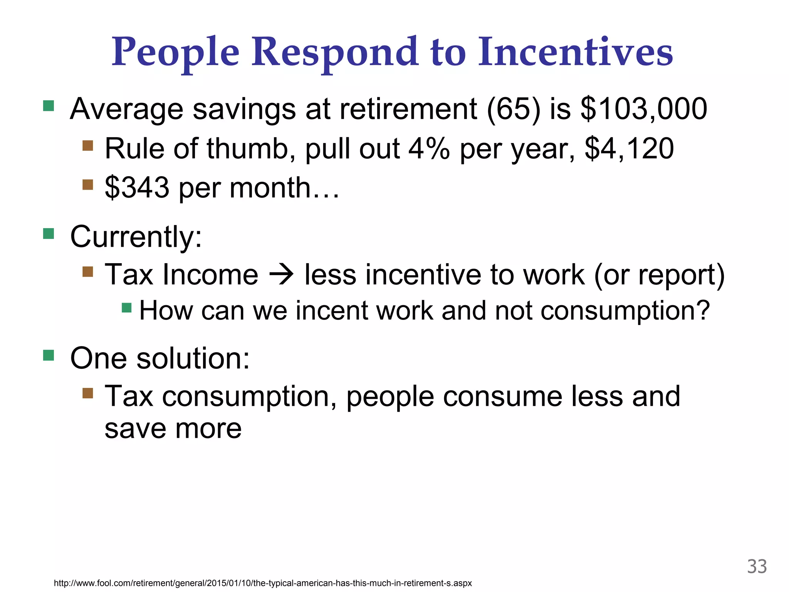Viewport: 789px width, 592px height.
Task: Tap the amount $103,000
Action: pos(643,109)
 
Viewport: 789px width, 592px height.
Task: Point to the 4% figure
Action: pos(429,149)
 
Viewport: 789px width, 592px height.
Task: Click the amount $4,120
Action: pos(629,149)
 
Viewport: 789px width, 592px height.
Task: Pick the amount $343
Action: pos(137,188)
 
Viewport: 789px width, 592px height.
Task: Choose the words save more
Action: pos(173,429)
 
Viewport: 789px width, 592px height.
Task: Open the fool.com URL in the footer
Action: pos(263,583)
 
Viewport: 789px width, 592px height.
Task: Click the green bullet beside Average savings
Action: pos(49,106)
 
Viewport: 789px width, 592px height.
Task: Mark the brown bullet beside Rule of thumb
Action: pos(88,146)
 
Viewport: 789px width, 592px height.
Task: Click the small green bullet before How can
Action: pos(127,308)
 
